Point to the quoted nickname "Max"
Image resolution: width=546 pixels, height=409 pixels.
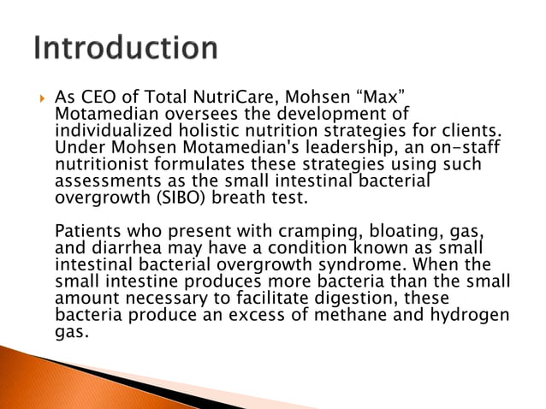tap(371, 98)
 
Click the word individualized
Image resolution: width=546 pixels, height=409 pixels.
tap(110, 130)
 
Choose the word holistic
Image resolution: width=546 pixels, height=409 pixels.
tap(205, 130)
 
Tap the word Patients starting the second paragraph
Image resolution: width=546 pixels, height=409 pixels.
tap(88, 229)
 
